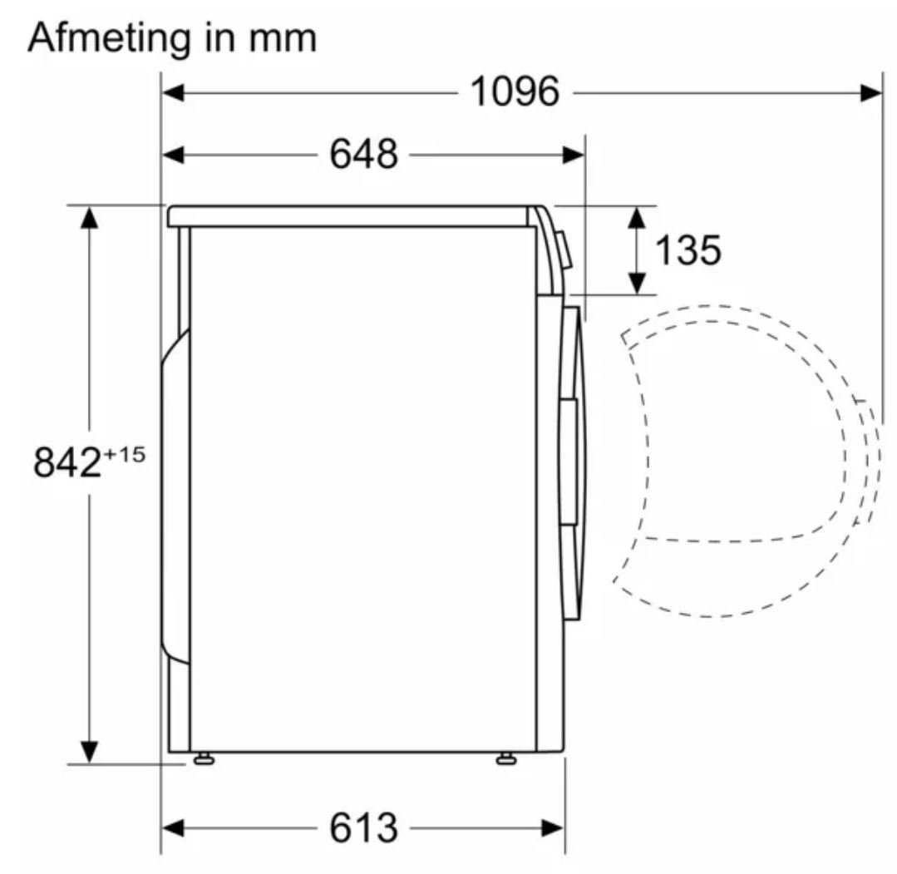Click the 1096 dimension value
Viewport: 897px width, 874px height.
coord(515,91)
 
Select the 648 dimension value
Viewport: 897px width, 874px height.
coord(364,154)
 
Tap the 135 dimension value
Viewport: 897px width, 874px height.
coord(687,250)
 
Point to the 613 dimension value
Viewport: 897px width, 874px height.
coord(364,827)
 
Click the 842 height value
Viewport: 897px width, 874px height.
coord(67,462)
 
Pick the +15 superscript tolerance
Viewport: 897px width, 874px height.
coord(124,454)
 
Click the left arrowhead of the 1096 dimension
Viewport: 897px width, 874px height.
coord(174,92)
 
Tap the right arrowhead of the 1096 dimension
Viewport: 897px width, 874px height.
coord(870,92)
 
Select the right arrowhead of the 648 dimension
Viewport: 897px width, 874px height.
coord(574,155)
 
